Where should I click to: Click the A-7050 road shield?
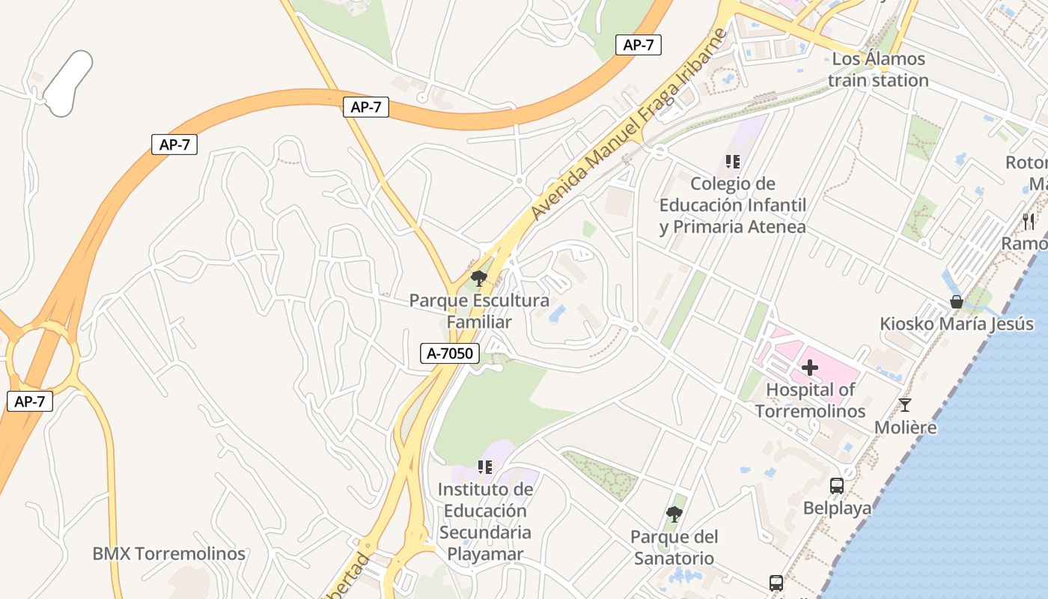[449, 353]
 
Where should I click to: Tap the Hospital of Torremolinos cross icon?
[809, 368]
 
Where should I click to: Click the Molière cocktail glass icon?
[905, 405]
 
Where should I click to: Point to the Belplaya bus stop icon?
[837, 486]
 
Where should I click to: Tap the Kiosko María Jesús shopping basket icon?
[956, 302]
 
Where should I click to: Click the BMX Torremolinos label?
[168, 554]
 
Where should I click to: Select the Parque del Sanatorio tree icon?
[674, 514]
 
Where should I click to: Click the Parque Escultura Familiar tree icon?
[478, 279]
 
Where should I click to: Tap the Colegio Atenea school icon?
[732, 161]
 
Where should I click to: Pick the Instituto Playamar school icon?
[485, 467]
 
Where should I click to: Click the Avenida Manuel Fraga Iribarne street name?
[629, 124]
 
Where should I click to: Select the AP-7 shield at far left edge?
[30, 401]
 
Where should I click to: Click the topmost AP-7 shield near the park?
[638, 45]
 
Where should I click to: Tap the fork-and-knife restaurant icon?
[1029, 221]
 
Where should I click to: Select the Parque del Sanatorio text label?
[674, 547]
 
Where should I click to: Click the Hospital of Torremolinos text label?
[810, 401]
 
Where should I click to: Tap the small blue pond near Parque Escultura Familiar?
[557, 314]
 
